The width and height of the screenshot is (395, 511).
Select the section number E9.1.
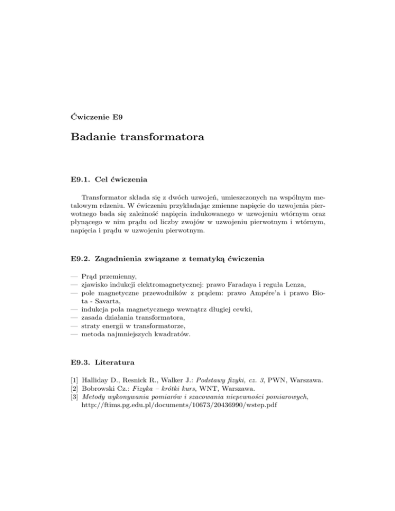point(80,180)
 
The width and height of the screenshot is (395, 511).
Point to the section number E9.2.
point(80,259)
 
